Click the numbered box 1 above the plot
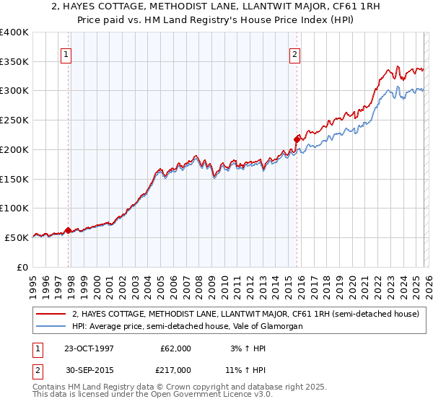click(66, 53)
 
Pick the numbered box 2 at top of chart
click(296, 53)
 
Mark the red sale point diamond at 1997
click(69, 231)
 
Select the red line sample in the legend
click(51, 314)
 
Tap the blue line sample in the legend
click(51, 326)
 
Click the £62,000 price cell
click(175, 348)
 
